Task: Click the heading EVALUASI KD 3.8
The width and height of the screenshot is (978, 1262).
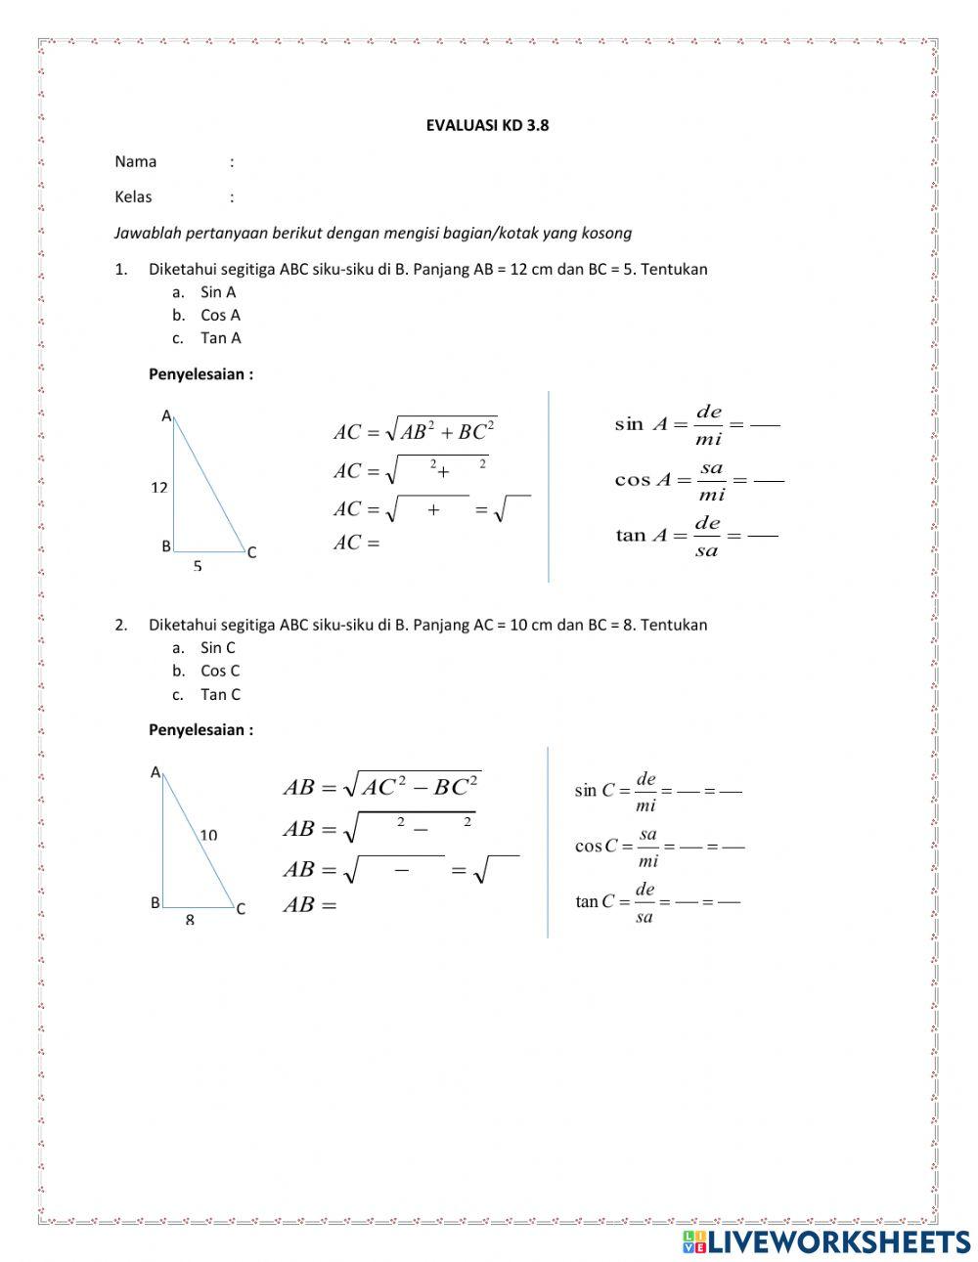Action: coord(487,125)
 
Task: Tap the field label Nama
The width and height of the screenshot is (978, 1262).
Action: coord(135,161)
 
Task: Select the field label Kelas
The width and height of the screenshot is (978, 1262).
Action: coord(133,196)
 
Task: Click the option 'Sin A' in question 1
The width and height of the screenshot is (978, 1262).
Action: coord(217,291)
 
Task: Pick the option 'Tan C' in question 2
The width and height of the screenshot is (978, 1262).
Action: coord(220,694)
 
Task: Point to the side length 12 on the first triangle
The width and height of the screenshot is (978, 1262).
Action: coord(159,487)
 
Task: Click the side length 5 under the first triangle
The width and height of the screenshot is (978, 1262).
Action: coord(198,566)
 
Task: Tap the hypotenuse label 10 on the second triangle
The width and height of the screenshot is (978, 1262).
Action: coord(208,835)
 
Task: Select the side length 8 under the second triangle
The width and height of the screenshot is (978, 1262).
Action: coord(190,920)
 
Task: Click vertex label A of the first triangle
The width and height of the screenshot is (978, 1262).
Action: coord(166,415)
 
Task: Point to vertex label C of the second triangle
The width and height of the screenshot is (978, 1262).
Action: coord(241,909)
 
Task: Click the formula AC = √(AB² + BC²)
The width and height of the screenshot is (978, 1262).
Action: coord(415,430)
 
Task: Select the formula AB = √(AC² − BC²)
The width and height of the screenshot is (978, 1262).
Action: coord(381,786)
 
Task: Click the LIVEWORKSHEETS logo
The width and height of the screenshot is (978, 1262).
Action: coord(825,1241)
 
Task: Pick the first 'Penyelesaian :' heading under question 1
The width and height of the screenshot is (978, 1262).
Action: coord(200,373)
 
